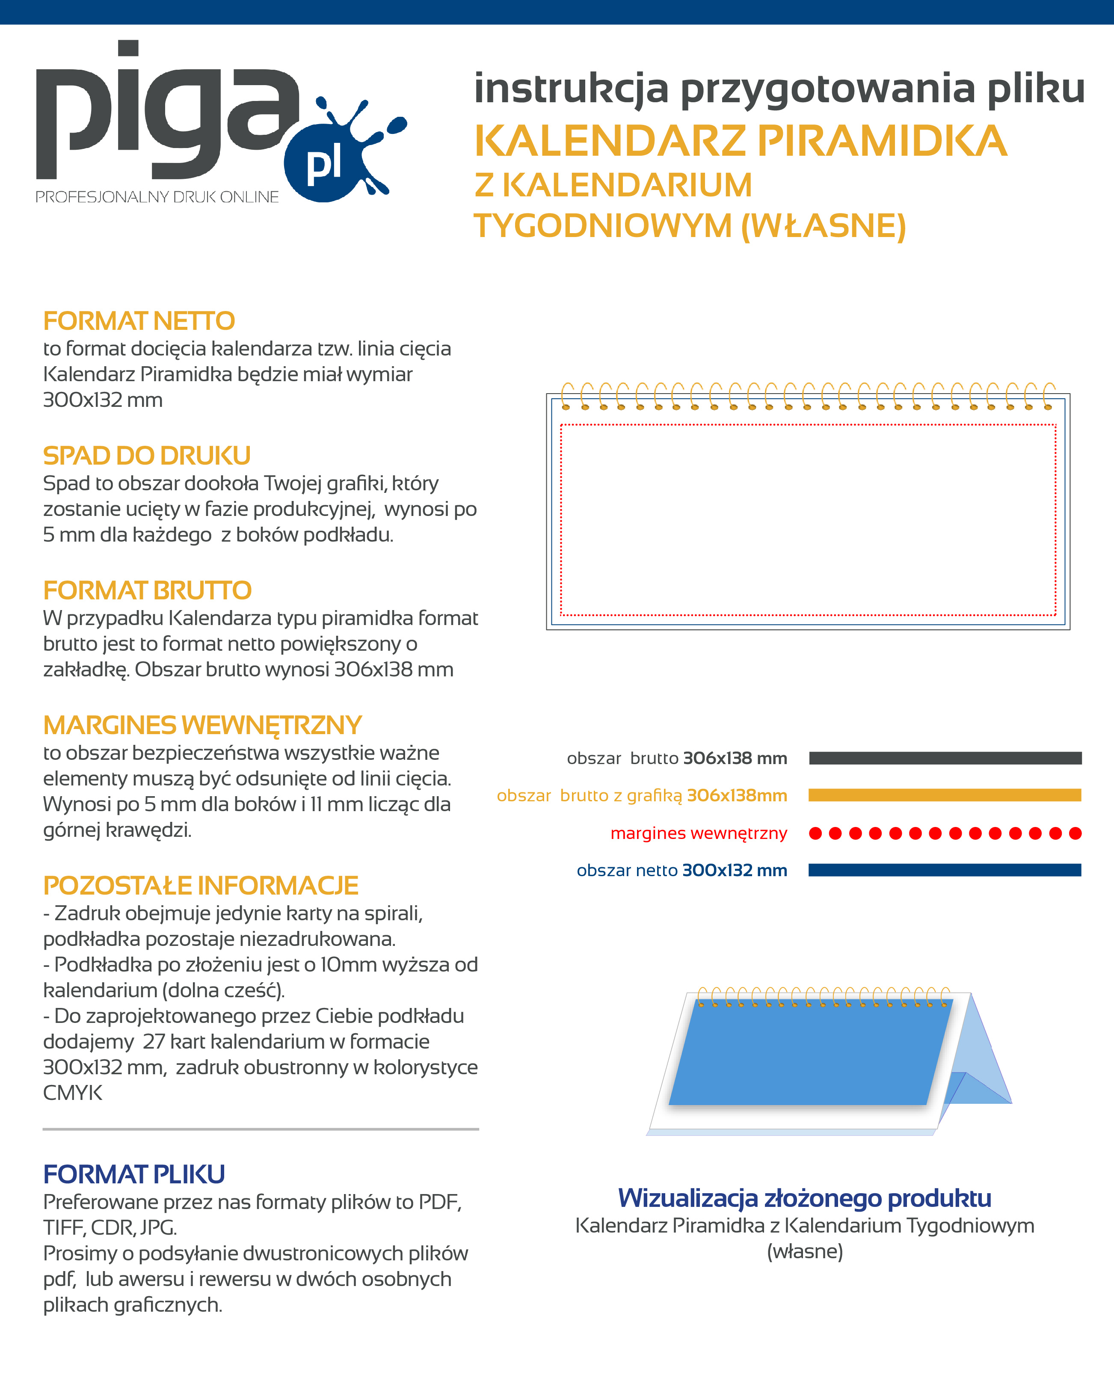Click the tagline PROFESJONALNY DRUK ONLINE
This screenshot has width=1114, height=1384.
click(157, 197)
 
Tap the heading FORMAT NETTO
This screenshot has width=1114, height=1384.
click(139, 321)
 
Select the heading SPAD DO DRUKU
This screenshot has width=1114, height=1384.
click(146, 456)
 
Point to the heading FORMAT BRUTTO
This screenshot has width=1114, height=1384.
click(147, 590)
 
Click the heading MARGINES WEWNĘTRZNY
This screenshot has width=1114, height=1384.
click(202, 726)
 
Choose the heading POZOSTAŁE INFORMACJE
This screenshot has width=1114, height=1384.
click(200, 886)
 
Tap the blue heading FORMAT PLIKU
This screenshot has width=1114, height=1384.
click(133, 1175)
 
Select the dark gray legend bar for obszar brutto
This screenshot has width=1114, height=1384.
click(945, 758)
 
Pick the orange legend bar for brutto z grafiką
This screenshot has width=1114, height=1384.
click(945, 795)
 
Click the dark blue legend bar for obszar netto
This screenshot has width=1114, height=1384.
click(945, 871)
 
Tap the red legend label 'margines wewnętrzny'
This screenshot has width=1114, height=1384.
click(699, 833)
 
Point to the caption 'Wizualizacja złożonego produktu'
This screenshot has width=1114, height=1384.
click(805, 1198)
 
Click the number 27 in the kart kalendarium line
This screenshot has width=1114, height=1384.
click(154, 1042)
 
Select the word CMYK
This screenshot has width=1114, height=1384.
click(73, 1093)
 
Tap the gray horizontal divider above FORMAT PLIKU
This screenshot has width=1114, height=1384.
click(261, 1129)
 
